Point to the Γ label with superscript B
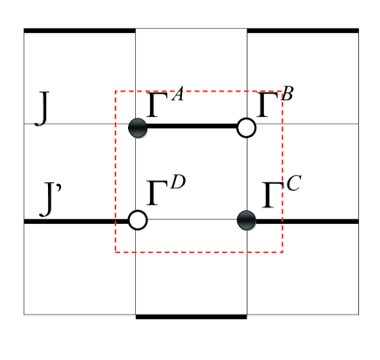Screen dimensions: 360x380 pyautogui.click(x=275, y=104)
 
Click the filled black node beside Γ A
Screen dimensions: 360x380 pyautogui.click(x=137, y=127)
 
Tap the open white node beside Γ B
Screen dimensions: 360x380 pyautogui.click(x=247, y=128)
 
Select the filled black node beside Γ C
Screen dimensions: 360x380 pyautogui.click(x=247, y=220)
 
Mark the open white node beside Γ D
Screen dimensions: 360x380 pyautogui.click(x=137, y=220)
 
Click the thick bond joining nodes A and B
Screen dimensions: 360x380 pyautogui.click(x=192, y=127)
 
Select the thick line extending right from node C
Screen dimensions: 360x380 pyautogui.click(x=305, y=221)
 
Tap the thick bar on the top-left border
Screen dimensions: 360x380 pyautogui.click(x=79, y=31)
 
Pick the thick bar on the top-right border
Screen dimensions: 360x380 pyautogui.click(x=302, y=31)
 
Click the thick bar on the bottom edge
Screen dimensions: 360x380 pyautogui.click(x=191, y=316)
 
